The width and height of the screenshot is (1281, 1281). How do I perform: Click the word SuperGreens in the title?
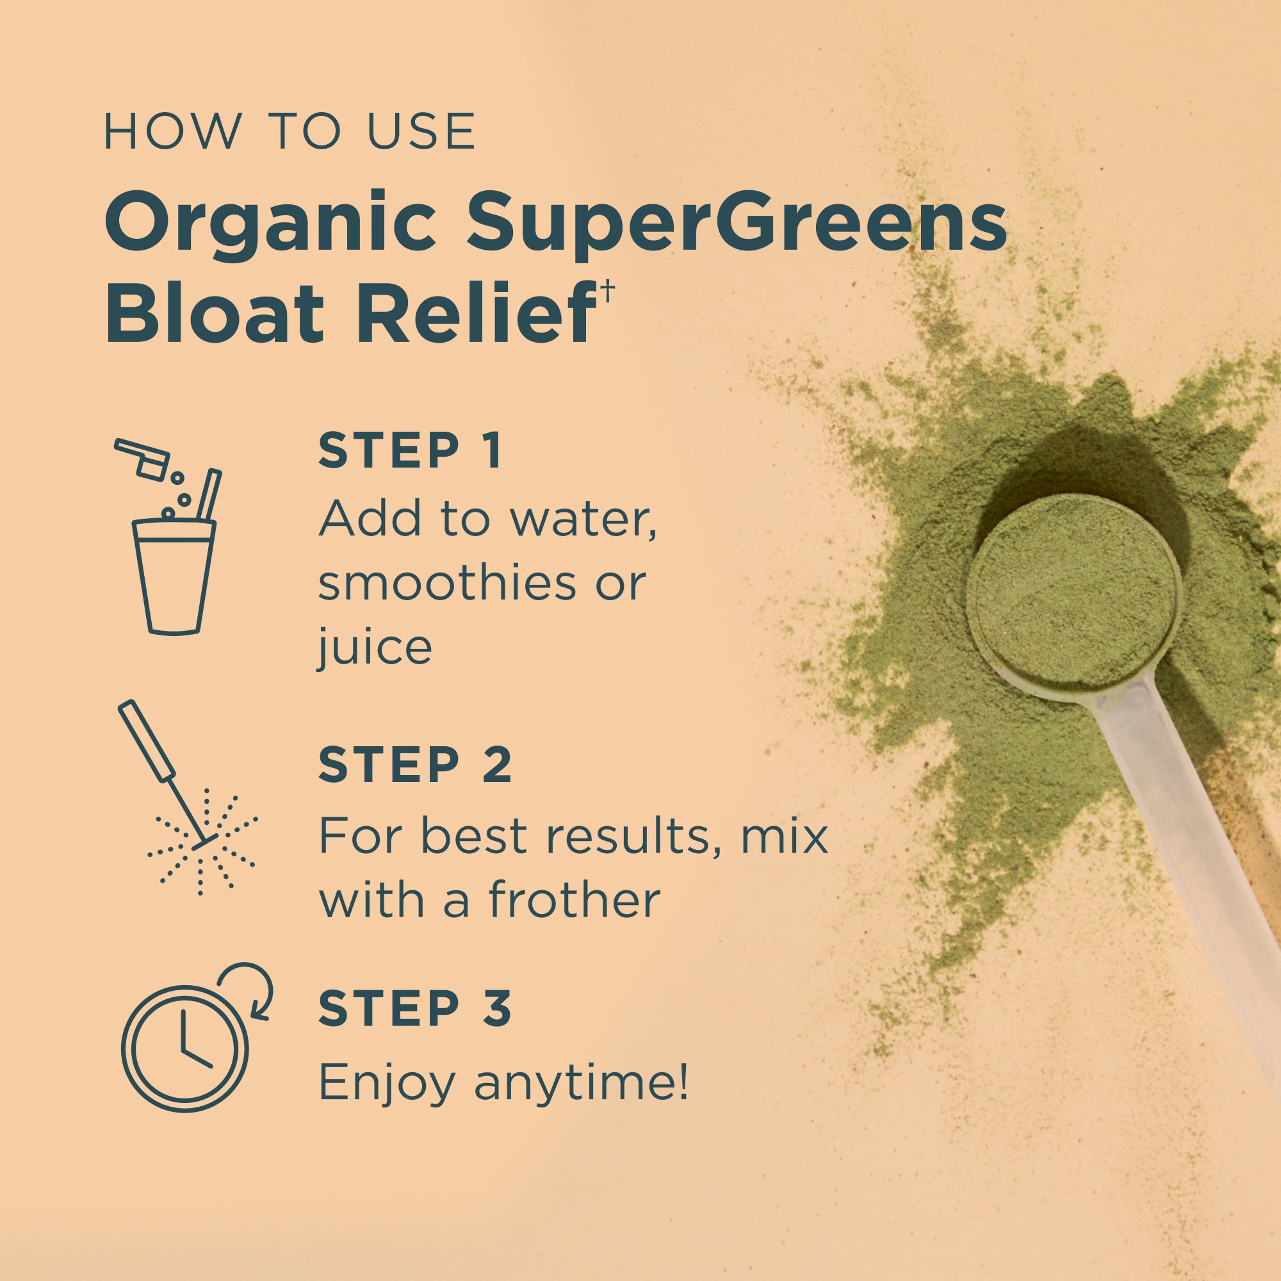coord(736,224)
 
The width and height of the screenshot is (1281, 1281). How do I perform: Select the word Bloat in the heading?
coord(214,313)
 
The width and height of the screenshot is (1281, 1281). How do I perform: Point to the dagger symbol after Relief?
coord(607,290)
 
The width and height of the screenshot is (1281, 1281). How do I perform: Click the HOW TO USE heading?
coord(290,131)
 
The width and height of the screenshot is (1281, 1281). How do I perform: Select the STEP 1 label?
coord(409,451)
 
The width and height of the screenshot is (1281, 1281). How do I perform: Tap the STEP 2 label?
coord(414,765)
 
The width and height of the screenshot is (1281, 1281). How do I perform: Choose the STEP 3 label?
coord(414,1009)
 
